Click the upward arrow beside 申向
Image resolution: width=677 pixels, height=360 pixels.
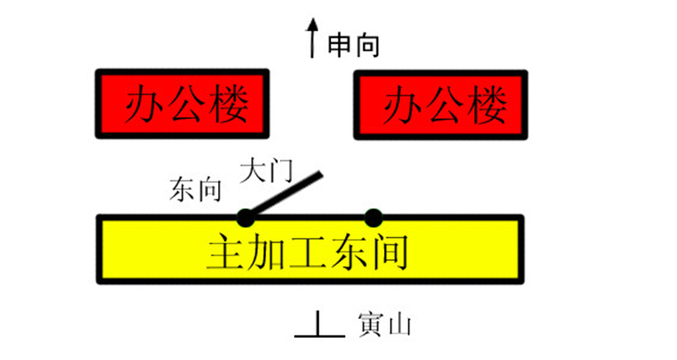(x=312, y=38)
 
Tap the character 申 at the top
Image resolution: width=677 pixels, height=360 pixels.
(x=340, y=45)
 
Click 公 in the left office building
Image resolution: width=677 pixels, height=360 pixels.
(x=187, y=104)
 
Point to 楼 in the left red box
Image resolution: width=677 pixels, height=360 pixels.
(x=229, y=104)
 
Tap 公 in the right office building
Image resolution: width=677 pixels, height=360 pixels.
(x=445, y=105)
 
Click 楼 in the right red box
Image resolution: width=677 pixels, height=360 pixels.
(x=487, y=105)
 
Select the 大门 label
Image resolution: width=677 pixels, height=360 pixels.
(x=267, y=171)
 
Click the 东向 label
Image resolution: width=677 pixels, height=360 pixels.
(x=196, y=189)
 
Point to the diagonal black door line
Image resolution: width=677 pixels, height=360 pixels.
(x=285, y=193)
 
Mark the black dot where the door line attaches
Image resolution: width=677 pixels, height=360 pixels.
(x=246, y=218)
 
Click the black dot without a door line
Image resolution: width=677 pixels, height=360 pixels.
(x=373, y=218)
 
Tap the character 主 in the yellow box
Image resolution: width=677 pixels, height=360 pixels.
(x=226, y=252)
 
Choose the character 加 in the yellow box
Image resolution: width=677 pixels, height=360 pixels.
(x=267, y=252)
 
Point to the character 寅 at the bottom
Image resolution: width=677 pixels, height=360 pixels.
(x=371, y=324)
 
